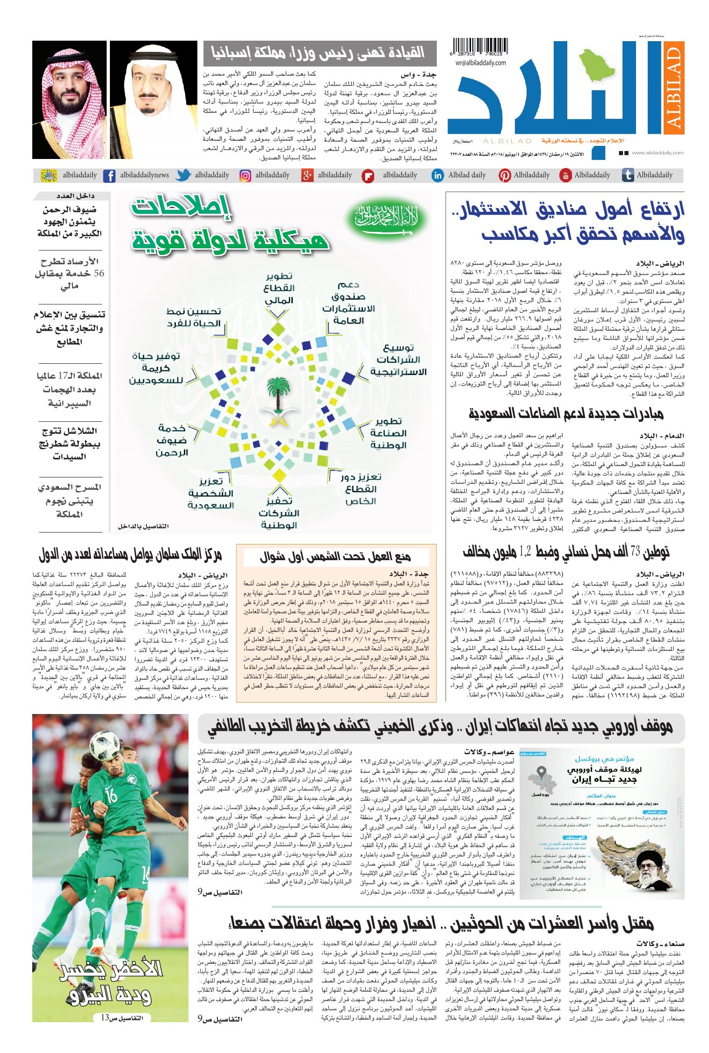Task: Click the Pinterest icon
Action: click(504, 175)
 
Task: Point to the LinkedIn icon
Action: click(438, 175)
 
